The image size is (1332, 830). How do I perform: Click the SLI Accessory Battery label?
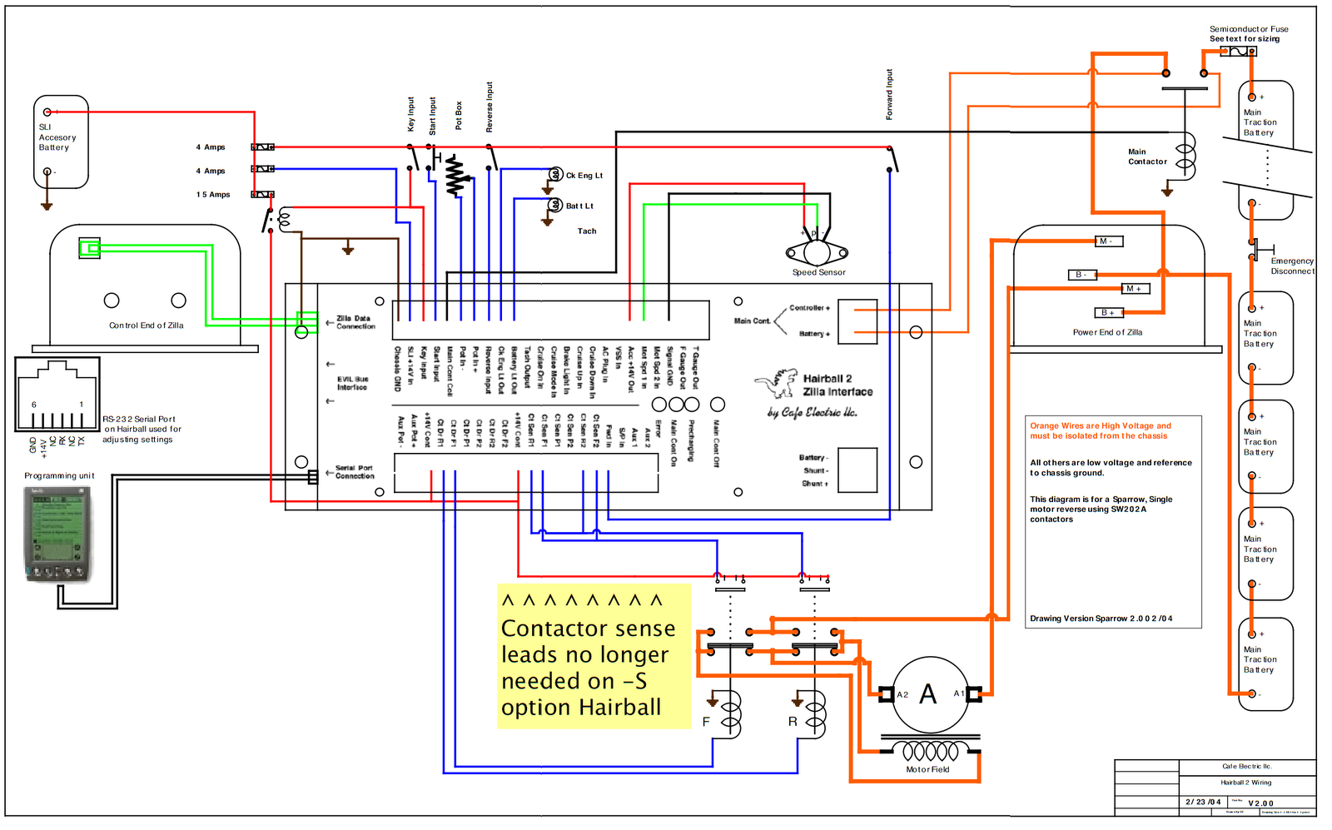click(x=57, y=137)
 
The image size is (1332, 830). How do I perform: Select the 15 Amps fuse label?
click(x=213, y=195)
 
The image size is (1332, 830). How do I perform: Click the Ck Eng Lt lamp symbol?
click(x=556, y=174)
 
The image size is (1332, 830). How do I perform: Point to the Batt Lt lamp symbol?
click(x=556, y=205)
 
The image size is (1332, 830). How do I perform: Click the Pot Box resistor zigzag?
click(x=455, y=176)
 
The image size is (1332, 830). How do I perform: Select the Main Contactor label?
click(x=1147, y=157)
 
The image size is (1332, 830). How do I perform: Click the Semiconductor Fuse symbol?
click(x=1238, y=52)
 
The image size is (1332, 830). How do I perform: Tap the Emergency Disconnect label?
click(x=1292, y=266)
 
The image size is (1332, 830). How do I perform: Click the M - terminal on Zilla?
click(x=1109, y=241)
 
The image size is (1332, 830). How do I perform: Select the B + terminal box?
click(x=1109, y=313)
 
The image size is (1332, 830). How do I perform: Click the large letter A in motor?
click(x=927, y=694)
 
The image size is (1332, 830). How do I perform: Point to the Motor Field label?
click(x=927, y=769)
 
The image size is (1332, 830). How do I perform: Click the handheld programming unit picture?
click(x=57, y=534)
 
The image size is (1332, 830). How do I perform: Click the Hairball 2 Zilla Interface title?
click(x=837, y=385)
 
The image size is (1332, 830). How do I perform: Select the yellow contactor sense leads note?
click(x=594, y=656)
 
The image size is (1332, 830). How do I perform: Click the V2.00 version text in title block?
click(x=1260, y=803)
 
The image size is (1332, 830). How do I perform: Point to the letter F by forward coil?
click(x=706, y=722)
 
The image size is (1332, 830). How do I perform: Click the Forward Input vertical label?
click(x=889, y=94)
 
